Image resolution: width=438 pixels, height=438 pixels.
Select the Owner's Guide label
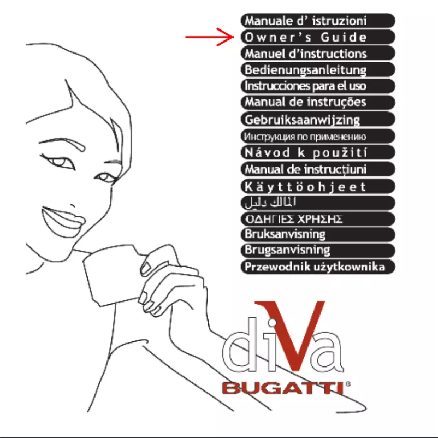tap(317, 38)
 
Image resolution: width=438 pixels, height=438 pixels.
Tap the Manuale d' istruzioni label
tap(317, 21)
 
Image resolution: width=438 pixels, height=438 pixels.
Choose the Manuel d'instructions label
tap(317, 54)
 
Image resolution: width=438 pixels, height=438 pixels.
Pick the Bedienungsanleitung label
tap(317, 70)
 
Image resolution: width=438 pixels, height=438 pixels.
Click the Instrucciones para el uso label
tap(317, 86)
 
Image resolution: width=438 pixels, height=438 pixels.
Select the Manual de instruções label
tap(317, 102)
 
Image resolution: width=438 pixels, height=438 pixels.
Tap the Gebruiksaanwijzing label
tap(317, 119)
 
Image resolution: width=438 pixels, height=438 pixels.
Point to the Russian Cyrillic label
tap(317, 135)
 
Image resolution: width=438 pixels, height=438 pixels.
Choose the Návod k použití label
tap(317, 151)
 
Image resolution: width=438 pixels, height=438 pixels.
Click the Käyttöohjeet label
tap(317, 186)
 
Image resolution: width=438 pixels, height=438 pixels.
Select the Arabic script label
tap(317, 203)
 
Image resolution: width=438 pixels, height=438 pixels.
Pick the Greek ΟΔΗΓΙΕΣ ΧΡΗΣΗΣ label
tap(317, 218)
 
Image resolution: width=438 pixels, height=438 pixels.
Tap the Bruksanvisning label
tap(317, 234)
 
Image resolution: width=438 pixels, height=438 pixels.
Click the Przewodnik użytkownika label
tap(317, 267)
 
